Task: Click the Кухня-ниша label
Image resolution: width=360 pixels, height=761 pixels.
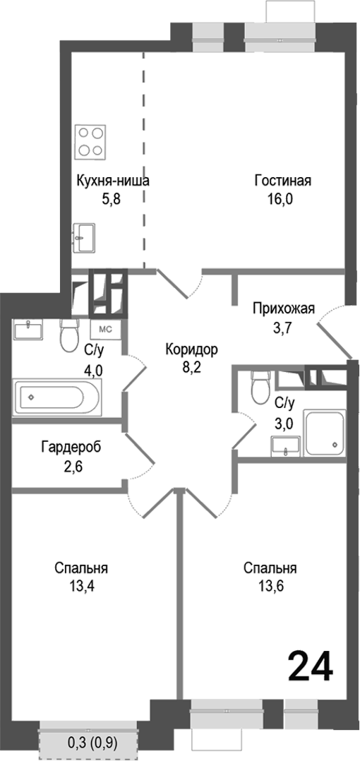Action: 113,181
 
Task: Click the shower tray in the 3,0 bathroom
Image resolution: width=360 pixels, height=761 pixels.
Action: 325,432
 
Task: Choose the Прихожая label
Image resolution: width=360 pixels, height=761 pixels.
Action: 283,308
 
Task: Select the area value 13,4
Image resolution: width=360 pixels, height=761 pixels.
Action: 83,587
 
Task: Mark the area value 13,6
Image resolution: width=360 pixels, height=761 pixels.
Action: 270,587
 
